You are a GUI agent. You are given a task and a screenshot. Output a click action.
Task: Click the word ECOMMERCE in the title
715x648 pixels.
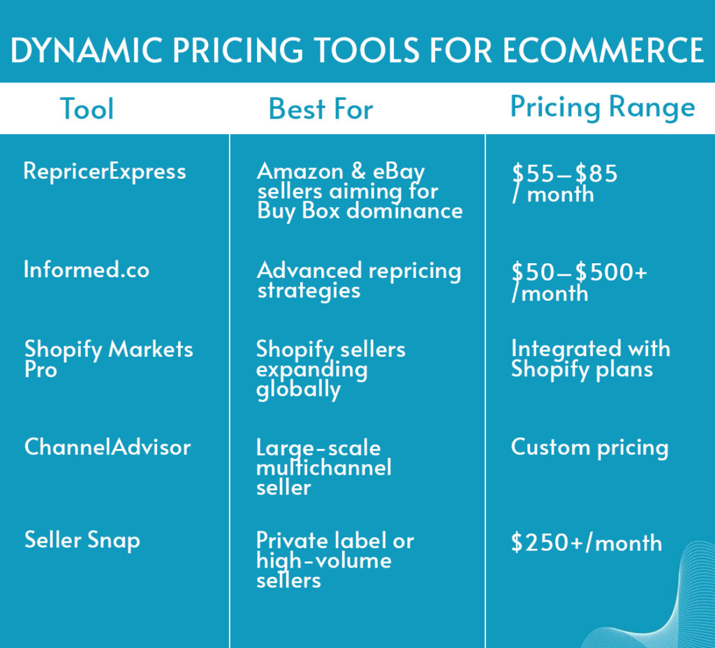click(603, 50)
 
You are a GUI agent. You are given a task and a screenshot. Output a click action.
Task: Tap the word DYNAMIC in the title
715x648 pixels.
click(87, 50)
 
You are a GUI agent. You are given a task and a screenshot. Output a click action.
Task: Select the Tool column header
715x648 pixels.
click(87, 109)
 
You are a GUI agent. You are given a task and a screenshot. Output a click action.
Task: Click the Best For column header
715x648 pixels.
click(320, 109)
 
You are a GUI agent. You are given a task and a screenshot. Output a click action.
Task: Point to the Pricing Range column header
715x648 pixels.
click(603, 108)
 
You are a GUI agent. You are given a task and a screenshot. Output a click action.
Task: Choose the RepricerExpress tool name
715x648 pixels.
click(105, 172)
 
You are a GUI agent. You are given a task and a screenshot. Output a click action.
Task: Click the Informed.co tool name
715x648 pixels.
click(87, 270)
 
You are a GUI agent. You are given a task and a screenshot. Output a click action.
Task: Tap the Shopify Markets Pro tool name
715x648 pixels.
click(108, 359)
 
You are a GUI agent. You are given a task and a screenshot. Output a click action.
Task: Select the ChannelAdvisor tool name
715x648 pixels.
click(108, 447)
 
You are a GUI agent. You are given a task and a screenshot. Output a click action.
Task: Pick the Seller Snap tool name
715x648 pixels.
click(82, 540)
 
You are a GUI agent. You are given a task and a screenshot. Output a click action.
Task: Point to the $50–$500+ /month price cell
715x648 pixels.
click(579, 282)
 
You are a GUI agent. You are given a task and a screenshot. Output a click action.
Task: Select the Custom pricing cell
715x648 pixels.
click(589, 448)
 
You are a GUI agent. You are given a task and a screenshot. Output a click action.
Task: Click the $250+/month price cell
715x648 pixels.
click(587, 543)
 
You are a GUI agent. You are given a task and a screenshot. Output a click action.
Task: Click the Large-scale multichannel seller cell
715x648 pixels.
click(324, 467)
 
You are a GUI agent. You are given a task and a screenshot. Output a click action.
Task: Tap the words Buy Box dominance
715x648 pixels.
click(360, 211)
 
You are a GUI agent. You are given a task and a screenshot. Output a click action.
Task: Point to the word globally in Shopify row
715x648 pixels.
click(298, 390)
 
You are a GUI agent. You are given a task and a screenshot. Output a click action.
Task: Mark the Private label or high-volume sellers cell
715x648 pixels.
click(335, 560)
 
